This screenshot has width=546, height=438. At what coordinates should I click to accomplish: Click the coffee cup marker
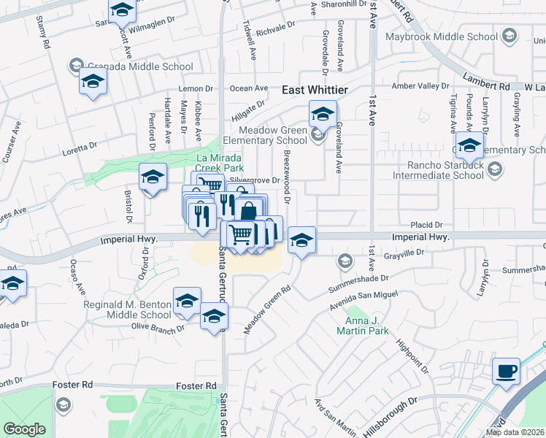505,370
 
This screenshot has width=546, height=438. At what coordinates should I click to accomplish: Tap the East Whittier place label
315,90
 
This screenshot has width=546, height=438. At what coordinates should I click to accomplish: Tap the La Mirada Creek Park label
220,162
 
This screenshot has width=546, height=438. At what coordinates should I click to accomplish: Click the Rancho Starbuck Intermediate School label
438,170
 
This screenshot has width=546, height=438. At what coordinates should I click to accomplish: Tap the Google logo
24,429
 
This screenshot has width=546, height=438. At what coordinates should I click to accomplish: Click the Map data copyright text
515,432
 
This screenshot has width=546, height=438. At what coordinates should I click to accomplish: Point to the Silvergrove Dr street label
255,180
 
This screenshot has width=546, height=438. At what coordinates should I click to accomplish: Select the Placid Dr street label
426,225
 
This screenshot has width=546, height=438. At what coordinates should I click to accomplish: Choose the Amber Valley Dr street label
420,86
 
